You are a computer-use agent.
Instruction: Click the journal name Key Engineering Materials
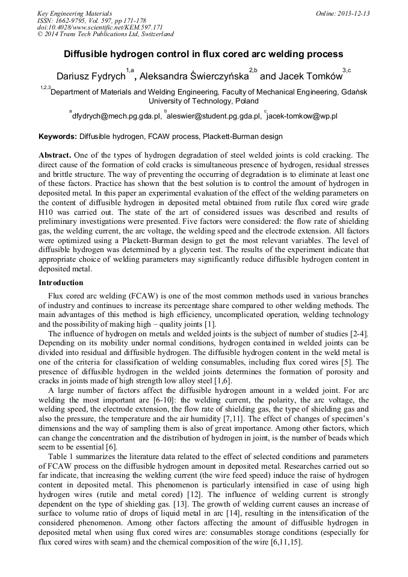75,13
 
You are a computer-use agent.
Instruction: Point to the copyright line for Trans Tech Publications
105,34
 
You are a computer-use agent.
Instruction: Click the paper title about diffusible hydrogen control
203,54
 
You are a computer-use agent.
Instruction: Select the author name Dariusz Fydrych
91,76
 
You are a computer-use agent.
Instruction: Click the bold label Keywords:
58,137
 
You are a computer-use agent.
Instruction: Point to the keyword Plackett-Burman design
244,137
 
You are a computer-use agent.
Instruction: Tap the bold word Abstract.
55,155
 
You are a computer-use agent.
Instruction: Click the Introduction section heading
61,283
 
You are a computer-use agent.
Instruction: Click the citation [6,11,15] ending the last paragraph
285,542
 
